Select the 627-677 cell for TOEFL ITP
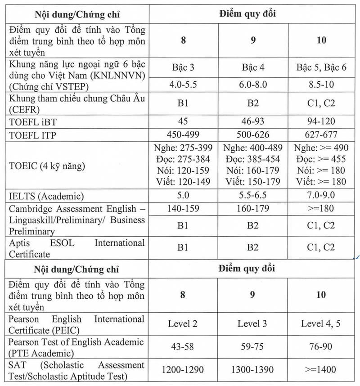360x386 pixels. (x=321, y=135)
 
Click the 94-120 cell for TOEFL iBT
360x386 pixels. (x=321, y=121)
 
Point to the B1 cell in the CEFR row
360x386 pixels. (x=183, y=103)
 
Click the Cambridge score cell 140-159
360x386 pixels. (x=183, y=209)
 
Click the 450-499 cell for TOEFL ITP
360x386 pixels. (x=183, y=135)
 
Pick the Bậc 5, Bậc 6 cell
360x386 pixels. (x=321, y=67)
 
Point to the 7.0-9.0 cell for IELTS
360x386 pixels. (x=321, y=196)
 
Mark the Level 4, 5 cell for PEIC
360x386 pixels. (x=321, y=323)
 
